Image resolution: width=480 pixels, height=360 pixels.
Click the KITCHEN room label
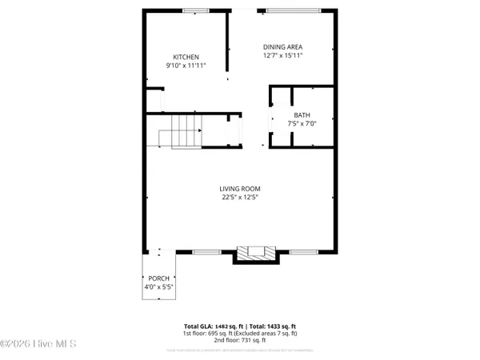point(186,57)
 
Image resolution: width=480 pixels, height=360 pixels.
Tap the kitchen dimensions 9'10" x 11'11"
point(186,66)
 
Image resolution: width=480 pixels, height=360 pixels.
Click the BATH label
point(302,115)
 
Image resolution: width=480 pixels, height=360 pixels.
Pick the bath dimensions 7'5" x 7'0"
point(302,124)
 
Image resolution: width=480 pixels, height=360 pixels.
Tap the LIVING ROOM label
point(240,189)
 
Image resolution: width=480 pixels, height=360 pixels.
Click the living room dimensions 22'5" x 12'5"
point(240,198)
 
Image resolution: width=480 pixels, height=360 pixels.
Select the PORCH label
point(157,278)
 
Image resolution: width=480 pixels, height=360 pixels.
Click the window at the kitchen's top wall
point(195,11)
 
